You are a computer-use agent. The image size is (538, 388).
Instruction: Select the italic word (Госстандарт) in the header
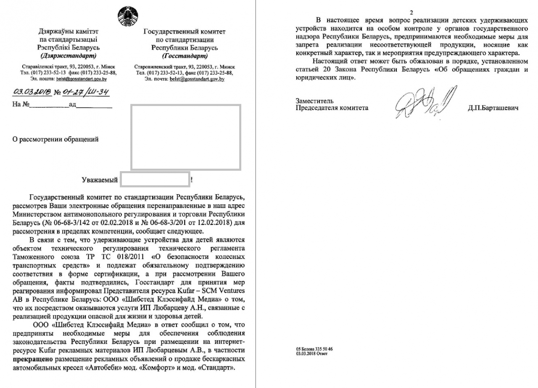pyautogui.click(x=185, y=55)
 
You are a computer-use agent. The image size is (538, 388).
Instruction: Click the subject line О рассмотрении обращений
pyautogui.click(x=52, y=139)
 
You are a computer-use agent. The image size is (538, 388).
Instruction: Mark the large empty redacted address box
pyautogui.click(x=186, y=137)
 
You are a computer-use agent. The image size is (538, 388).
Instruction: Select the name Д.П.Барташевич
pyautogui.click(x=493, y=108)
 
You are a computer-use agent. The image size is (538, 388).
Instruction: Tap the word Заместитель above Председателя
pyautogui.click(x=315, y=101)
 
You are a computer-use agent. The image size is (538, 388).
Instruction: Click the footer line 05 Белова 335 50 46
pyautogui.click(x=314, y=349)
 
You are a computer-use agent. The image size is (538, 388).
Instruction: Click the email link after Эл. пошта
pyautogui.click(x=81, y=79)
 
